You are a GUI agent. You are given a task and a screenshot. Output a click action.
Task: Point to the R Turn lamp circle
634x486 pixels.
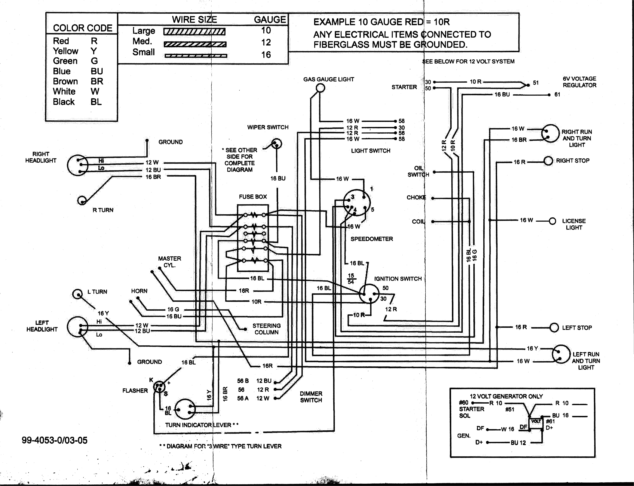(x=82, y=200)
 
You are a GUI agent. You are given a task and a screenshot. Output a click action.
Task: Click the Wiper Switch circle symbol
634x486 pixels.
(x=277, y=144)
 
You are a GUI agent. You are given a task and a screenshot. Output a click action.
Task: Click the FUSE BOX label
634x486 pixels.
(x=253, y=197)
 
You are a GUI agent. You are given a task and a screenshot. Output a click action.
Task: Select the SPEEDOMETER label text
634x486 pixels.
(x=372, y=239)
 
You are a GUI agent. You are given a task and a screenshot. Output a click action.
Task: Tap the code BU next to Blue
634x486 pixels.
(x=97, y=71)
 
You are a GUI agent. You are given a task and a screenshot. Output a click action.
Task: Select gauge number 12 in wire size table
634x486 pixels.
(x=266, y=43)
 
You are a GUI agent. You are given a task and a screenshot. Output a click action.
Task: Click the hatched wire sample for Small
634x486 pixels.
(x=196, y=56)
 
